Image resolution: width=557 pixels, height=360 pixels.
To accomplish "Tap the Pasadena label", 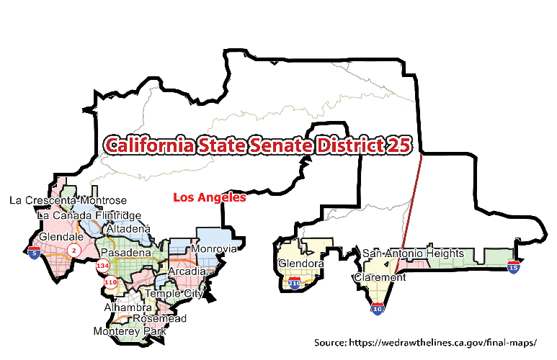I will click(125, 253).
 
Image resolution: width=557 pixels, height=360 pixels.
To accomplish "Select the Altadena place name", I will click(128, 229).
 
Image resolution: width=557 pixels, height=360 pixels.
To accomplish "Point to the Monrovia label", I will click(214, 249).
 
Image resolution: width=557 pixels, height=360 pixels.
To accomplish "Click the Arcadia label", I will click(187, 271).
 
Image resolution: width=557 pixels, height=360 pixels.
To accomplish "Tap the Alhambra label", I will click(128, 307).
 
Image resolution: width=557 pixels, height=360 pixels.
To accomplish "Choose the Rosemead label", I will click(160, 318).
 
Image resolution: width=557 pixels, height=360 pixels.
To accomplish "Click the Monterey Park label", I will click(130, 331).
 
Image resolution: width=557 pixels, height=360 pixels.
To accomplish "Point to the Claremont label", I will click(380, 277).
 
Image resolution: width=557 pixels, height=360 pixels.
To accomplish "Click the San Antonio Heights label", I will click(413, 253).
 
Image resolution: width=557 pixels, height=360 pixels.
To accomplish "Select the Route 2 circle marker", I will click(73, 250).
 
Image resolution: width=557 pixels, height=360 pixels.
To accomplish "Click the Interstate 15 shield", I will click(513, 268).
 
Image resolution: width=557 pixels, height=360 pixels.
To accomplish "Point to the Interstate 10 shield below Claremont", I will click(378, 309).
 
